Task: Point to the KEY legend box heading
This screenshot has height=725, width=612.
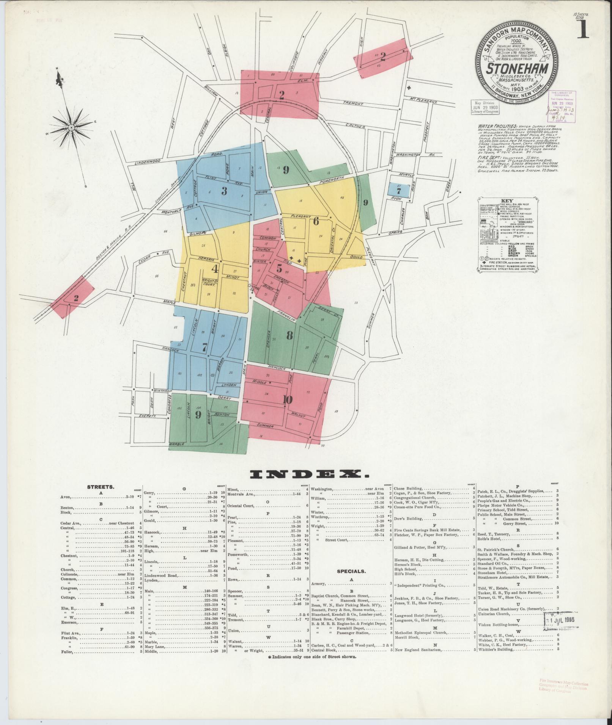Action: click(x=507, y=201)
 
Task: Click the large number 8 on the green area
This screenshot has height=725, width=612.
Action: click(x=289, y=335)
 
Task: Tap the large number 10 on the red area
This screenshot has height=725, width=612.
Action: click(x=287, y=399)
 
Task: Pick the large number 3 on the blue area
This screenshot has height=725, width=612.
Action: click(x=224, y=191)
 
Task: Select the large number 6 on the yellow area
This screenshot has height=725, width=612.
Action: click(x=316, y=221)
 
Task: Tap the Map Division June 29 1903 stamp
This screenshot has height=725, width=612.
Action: click(x=485, y=107)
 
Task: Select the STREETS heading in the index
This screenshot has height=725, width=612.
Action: click(x=101, y=487)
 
